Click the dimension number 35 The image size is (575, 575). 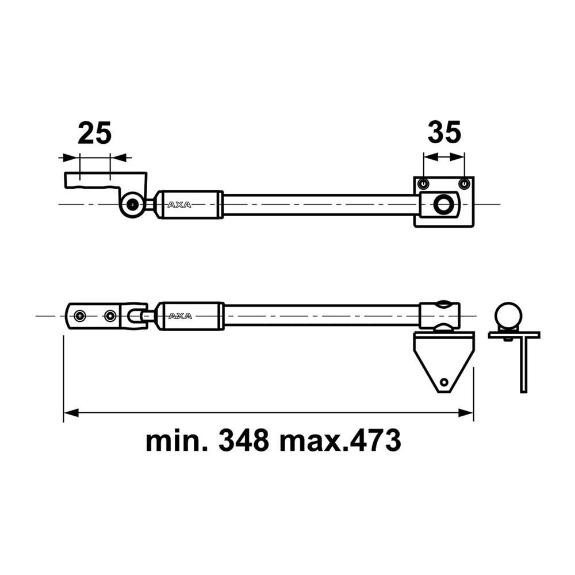click(x=444, y=132)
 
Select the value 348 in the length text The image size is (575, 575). click(x=244, y=441)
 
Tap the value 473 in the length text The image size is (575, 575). click(x=375, y=441)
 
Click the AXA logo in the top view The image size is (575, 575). click(x=179, y=205)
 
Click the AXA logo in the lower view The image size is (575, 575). click(x=180, y=316)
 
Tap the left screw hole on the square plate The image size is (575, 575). click(x=424, y=183)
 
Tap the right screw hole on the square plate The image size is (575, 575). click(x=464, y=183)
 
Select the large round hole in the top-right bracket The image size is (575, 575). click(x=443, y=204)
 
